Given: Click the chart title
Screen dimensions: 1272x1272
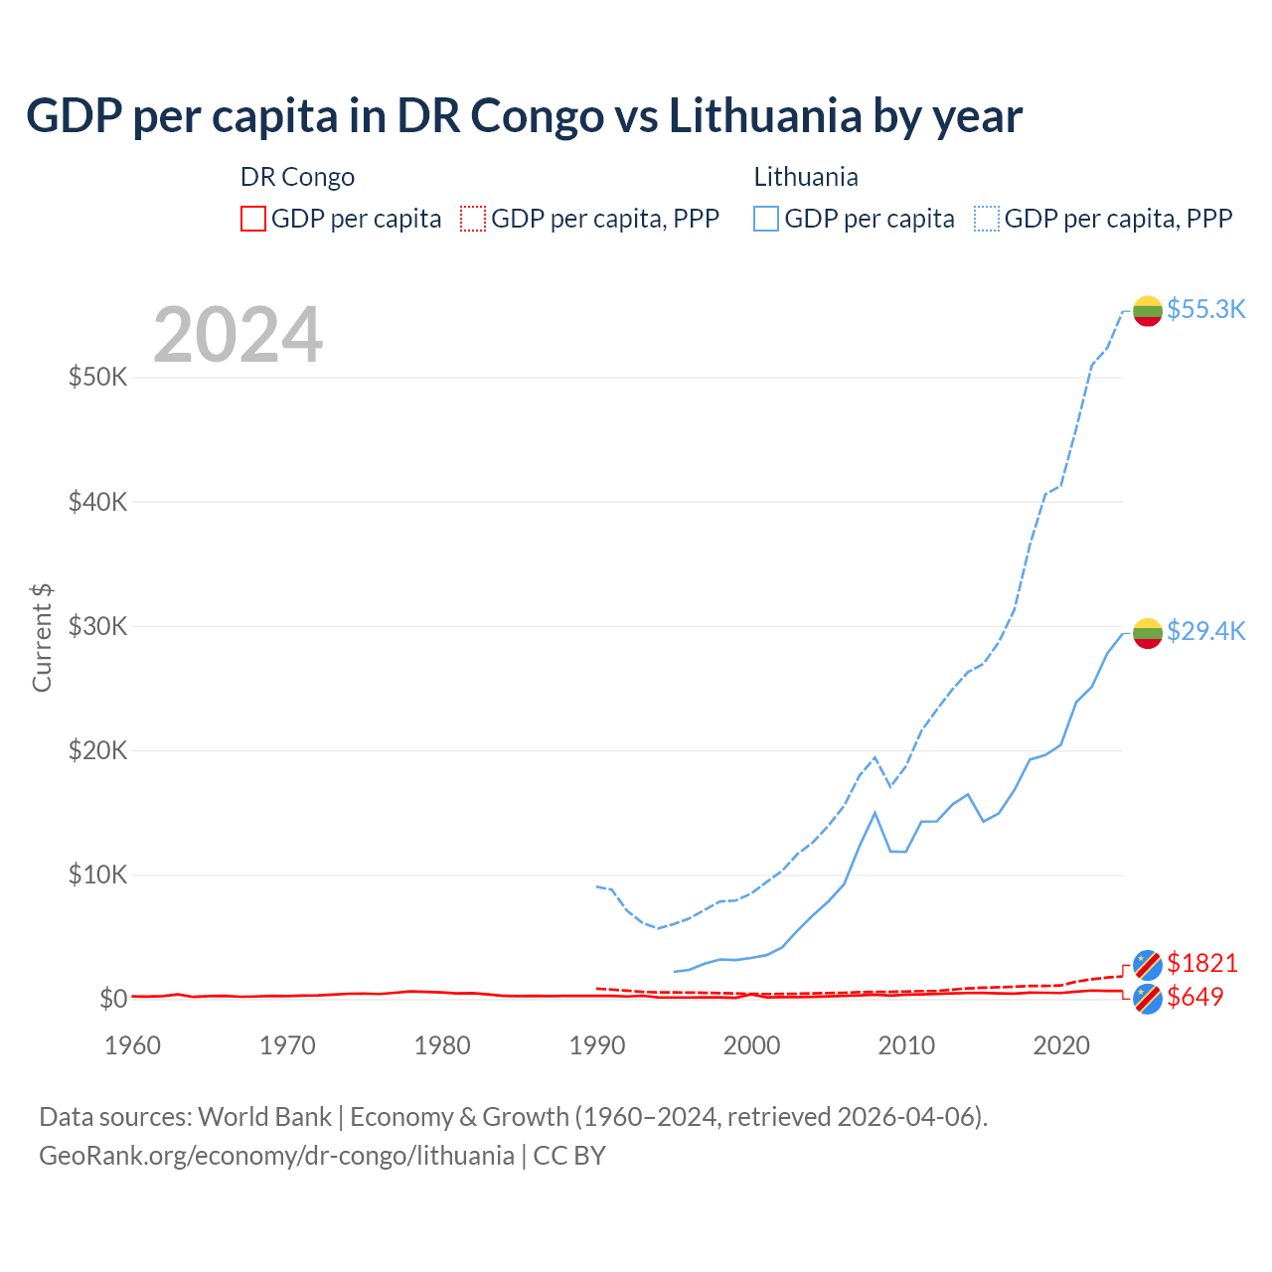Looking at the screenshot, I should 524,116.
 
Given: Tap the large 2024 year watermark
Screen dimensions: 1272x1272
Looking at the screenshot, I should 238,335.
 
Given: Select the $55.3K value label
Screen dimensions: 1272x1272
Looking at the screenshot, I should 1205,309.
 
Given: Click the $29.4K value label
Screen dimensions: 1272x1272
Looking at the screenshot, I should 1205,631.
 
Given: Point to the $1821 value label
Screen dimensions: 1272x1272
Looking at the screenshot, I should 1201,963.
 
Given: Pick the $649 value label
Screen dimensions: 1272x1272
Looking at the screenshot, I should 1194,997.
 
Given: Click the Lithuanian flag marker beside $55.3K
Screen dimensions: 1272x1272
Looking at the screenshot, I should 1148,311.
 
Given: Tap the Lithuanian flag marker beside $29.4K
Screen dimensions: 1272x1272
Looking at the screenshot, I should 1148,633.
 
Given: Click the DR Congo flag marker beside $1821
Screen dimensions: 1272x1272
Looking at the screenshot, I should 1148,964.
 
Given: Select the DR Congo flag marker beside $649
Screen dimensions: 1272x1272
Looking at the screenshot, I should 1148,999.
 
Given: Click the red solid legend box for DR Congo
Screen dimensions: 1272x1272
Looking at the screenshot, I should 253,219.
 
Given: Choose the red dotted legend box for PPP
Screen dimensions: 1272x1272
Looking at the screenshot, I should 473,219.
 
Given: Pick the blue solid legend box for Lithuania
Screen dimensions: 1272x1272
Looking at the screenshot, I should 766,219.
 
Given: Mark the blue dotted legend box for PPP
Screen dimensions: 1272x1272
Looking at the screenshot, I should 987,219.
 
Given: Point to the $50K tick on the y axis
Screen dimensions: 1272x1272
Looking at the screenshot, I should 97,378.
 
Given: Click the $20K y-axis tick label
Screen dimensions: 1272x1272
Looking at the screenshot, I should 97,750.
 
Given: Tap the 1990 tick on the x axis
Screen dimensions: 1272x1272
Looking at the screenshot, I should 597,1045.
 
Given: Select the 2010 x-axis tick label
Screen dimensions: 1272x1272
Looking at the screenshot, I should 906,1045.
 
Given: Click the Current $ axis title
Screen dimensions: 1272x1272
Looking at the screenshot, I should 42,638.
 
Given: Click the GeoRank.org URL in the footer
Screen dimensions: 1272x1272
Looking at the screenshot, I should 276,1156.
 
